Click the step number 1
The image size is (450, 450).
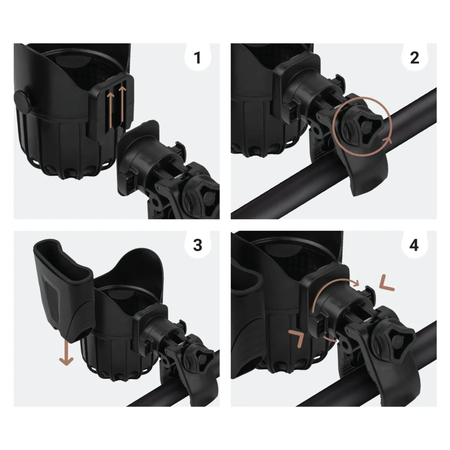click(197, 58)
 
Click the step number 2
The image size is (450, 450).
click(414, 58)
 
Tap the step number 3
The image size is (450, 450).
click(197, 245)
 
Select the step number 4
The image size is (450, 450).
click(414, 245)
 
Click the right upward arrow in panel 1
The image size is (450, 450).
click(122, 107)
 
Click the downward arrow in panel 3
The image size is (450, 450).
click(66, 353)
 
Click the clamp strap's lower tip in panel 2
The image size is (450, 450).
click(360, 189)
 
